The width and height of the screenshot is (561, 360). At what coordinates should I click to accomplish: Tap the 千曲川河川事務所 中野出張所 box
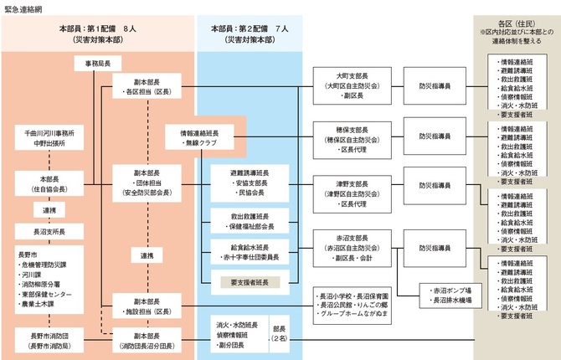point(51,137)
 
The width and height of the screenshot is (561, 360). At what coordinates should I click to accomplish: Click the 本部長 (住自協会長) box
point(51,183)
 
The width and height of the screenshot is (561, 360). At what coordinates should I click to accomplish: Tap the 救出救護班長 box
point(249,220)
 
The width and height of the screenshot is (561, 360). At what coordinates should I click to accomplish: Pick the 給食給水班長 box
point(249,251)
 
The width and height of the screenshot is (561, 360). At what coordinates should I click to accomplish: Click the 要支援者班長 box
point(249,281)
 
